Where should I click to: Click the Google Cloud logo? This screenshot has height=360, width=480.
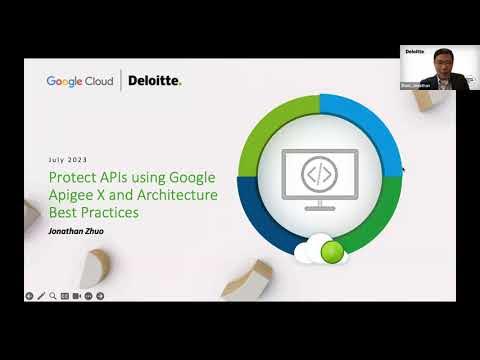[x=82, y=81]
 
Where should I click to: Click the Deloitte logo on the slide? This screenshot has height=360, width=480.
[x=155, y=81]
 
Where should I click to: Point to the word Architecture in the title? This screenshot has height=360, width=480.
[x=179, y=195]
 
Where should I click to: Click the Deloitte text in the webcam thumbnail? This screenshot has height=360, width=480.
[x=414, y=50]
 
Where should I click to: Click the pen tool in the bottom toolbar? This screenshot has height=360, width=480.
[x=41, y=296]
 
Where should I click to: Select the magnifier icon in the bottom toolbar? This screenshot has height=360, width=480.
[x=52, y=296]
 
